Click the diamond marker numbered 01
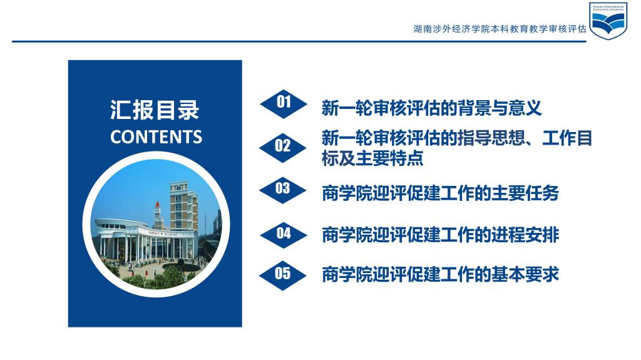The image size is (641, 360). click(284, 104)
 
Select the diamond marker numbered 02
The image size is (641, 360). click(282, 148)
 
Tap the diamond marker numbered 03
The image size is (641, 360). click(282, 190)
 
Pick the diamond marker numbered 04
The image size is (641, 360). click(284, 234)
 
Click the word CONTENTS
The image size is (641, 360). click(156, 137)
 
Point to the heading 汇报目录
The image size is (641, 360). click(155, 110)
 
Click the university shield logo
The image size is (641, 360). click(608, 21)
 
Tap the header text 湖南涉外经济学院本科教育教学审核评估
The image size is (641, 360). click(500, 29)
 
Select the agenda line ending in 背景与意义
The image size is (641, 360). click(431, 108)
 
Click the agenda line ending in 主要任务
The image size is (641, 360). click(440, 193)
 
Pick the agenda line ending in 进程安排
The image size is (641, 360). click(440, 235)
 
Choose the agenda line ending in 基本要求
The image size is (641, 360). click(440, 274)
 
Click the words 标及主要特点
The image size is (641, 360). click(372, 158)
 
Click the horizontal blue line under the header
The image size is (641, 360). click(299, 41)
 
